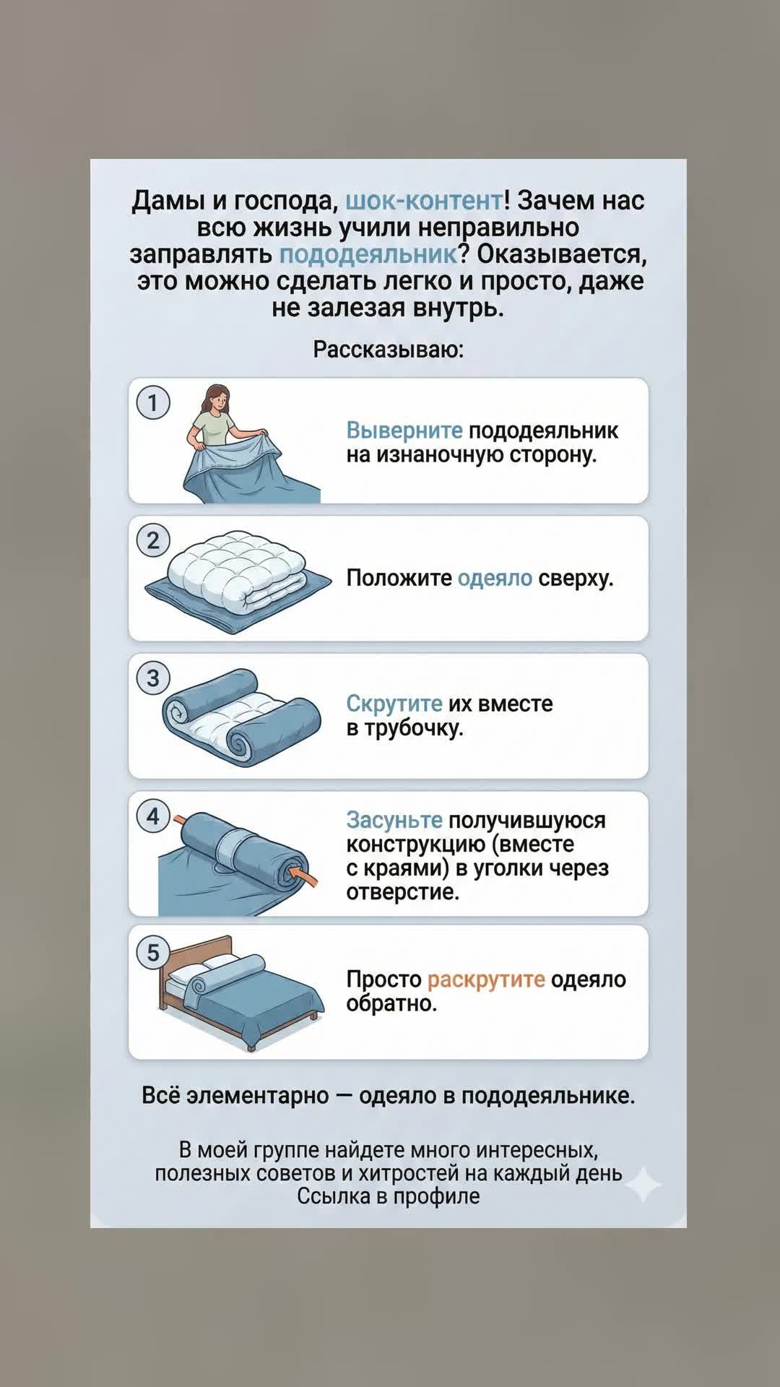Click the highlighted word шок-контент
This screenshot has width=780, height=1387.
click(424, 200)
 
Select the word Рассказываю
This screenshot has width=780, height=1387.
click(389, 350)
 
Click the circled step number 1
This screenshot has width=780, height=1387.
click(153, 402)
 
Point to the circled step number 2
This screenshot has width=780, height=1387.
click(153, 540)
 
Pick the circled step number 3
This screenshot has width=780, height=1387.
click(153, 678)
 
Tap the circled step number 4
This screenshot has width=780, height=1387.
click(153, 816)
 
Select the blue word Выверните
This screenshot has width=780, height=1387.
click(404, 431)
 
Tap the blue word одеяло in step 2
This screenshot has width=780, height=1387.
click(495, 578)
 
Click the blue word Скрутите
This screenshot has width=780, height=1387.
click(394, 703)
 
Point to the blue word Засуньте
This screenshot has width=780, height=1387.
click(394, 820)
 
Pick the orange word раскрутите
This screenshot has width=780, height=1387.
click(486, 980)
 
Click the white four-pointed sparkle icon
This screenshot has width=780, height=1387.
click(643, 1184)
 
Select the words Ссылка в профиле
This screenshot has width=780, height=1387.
click(389, 1196)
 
